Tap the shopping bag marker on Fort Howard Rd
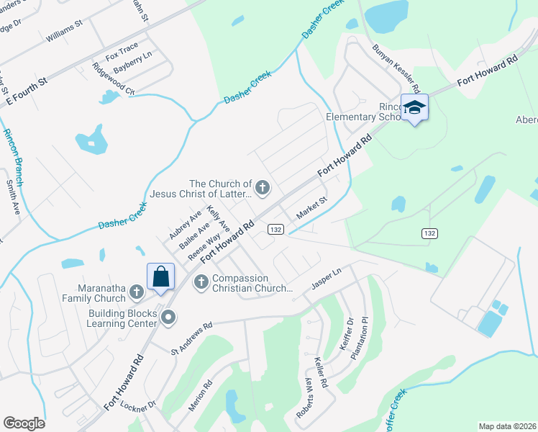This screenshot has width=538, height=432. [160, 276]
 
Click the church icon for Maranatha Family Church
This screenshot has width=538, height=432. [137, 292]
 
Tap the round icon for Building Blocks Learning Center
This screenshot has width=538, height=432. [168, 317]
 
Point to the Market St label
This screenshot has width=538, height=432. [312, 210]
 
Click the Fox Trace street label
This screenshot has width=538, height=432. [121, 55]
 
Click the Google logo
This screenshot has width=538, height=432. [24, 423]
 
